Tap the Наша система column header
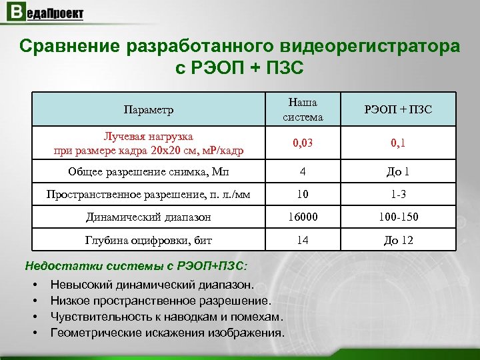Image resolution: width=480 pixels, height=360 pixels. pos(303,109)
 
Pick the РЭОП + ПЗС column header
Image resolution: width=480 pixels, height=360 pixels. pos(398,109)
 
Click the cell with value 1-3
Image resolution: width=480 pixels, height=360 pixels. pos(398,194)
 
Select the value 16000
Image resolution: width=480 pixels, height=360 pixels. pos(303,217)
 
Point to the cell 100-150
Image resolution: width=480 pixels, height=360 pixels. pos(398,217)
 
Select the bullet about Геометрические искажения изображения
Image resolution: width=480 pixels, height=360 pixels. pos(167,333)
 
